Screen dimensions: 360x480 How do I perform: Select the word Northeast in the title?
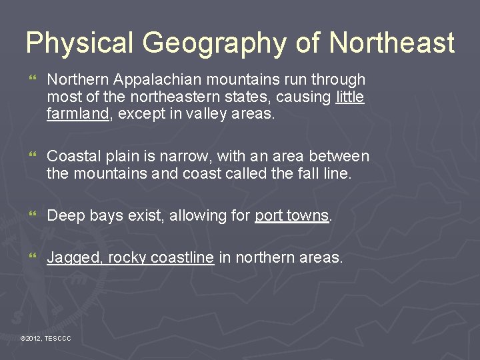pyautogui.click(x=391, y=44)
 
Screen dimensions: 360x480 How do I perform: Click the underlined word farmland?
pyautogui.click(x=77, y=113)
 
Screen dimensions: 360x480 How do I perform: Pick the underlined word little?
pyautogui.click(x=350, y=97)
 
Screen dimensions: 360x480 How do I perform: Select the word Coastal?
pyautogui.click(x=74, y=157)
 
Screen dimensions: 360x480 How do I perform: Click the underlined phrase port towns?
pyautogui.click(x=292, y=215)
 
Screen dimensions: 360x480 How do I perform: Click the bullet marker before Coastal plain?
pyautogui.click(x=30, y=157)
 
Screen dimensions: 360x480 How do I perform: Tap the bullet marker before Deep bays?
pyautogui.click(x=30, y=216)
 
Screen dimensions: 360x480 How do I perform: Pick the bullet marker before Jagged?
pyautogui.click(x=30, y=257)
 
